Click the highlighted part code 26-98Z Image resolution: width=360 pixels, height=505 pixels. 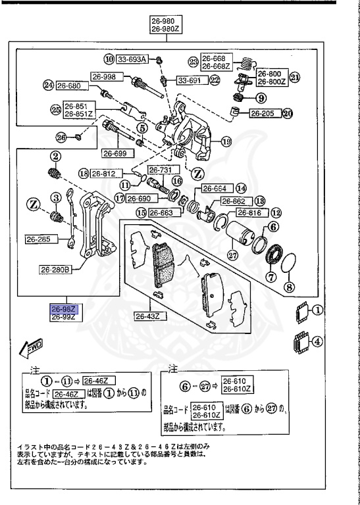point(65,308)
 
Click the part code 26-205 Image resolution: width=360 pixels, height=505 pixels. point(263,113)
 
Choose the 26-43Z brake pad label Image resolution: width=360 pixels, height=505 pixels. point(147,316)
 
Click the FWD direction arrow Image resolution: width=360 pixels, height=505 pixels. point(31,347)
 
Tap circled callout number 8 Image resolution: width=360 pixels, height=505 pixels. point(290,287)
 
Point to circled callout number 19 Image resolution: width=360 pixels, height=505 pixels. point(226,141)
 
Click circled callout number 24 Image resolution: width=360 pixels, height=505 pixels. point(48,85)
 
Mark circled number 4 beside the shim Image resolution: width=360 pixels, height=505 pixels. point(317,341)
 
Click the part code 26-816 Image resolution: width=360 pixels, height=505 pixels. point(249,213)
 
